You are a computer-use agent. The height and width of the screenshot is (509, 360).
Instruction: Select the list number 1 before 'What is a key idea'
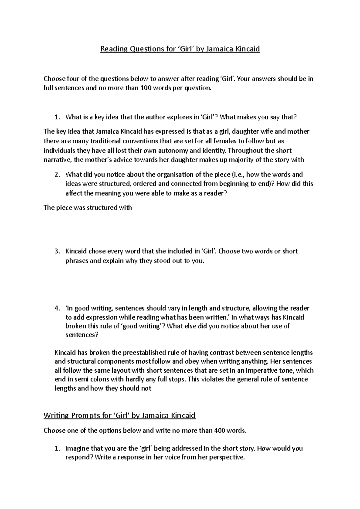[56, 117]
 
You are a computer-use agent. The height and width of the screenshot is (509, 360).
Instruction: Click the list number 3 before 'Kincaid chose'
[56, 251]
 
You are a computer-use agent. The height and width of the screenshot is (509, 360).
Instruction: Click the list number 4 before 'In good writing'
[56, 308]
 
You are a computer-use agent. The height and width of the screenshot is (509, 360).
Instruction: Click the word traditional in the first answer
[94, 141]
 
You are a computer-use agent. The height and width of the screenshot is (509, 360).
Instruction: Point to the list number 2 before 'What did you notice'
[56, 174]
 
